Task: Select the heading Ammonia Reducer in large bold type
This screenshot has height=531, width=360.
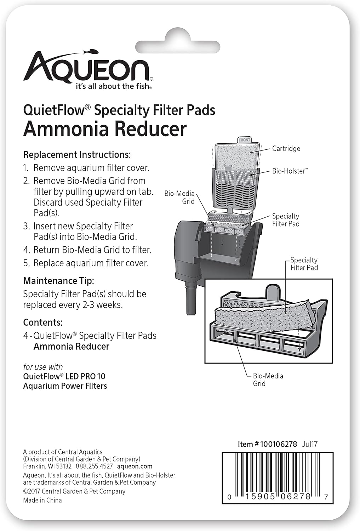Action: point(105,129)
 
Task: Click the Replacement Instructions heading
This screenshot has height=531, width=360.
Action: point(77,155)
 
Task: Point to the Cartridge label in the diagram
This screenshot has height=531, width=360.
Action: point(286,149)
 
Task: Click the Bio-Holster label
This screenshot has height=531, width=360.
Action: point(290,171)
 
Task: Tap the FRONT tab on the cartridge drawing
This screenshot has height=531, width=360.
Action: point(244,140)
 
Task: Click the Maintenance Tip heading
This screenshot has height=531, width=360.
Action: point(58,281)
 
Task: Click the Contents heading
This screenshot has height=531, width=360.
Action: point(43,322)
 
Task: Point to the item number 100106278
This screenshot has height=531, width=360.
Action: point(278,444)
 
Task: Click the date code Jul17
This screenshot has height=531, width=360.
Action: point(309,444)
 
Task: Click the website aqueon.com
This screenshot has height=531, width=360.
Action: point(135,466)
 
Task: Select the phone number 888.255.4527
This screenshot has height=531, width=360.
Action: point(94,466)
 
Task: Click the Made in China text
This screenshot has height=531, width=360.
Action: point(42,500)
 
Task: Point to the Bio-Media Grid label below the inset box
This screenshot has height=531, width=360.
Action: point(268,379)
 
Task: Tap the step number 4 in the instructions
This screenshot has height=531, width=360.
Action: point(26,250)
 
